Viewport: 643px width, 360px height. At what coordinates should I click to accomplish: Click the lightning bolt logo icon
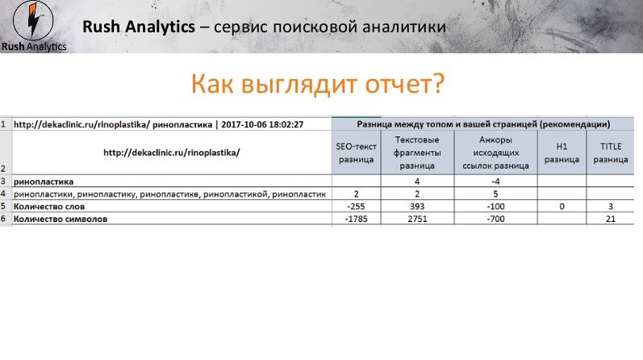tap(33, 20)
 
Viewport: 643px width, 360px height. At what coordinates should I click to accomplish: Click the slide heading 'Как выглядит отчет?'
tap(317, 84)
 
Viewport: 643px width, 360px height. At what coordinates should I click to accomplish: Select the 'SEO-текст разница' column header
tap(356, 153)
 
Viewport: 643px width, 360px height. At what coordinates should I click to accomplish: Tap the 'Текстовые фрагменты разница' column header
tap(417, 153)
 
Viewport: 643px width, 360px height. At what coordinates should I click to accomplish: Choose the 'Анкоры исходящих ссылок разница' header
tap(495, 153)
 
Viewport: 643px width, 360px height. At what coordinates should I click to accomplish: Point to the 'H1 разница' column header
tap(562, 153)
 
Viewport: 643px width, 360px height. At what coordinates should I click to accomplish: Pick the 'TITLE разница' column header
tap(611, 153)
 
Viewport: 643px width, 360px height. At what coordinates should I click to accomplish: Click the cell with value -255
tap(356, 207)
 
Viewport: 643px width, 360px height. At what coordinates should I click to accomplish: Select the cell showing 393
tap(417, 207)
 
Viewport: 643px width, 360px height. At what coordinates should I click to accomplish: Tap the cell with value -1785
tap(356, 219)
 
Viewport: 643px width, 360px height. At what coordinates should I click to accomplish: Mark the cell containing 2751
tap(417, 219)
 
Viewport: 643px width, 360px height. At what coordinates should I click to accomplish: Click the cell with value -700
tap(495, 219)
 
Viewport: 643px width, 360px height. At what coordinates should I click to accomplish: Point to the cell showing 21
tap(611, 219)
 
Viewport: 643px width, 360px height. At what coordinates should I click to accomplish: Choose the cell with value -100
tap(495, 207)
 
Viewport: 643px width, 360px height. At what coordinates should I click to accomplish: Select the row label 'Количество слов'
tap(48, 207)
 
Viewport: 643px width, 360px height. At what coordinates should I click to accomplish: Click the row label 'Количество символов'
tap(61, 219)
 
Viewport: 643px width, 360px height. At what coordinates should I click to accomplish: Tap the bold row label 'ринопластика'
tap(44, 182)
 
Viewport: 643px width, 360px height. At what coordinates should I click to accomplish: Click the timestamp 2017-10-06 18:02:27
tap(262, 124)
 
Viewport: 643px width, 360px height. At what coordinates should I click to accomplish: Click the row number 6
tap(3, 219)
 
